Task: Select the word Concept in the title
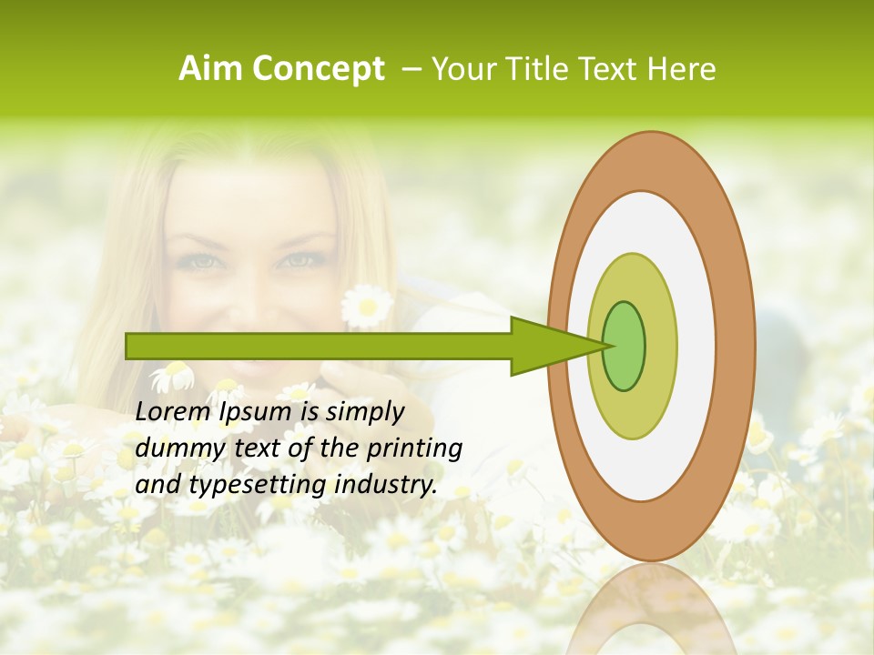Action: click(x=319, y=69)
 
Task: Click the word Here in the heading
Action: click(x=681, y=69)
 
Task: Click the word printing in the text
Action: click(x=415, y=449)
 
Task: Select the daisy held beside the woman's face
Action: click(x=367, y=306)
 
